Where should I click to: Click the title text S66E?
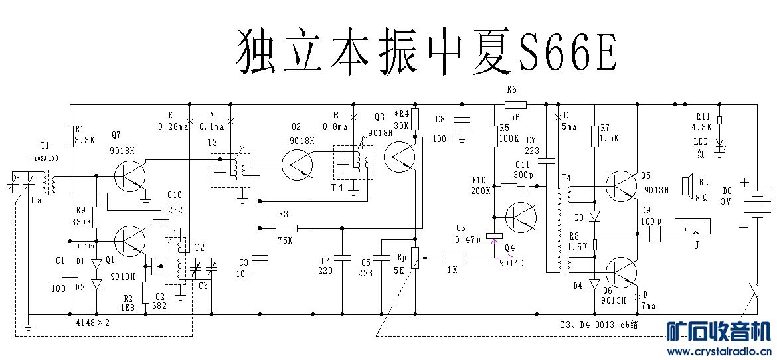(568, 50)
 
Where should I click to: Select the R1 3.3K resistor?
(70, 137)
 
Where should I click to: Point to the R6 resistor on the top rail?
(515, 104)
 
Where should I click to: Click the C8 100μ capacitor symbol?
(460, 120)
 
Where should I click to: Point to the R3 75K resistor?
(285, 228)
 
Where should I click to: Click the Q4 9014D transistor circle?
(521, 220)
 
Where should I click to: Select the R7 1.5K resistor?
(594, 137)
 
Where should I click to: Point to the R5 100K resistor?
(494, 137)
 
